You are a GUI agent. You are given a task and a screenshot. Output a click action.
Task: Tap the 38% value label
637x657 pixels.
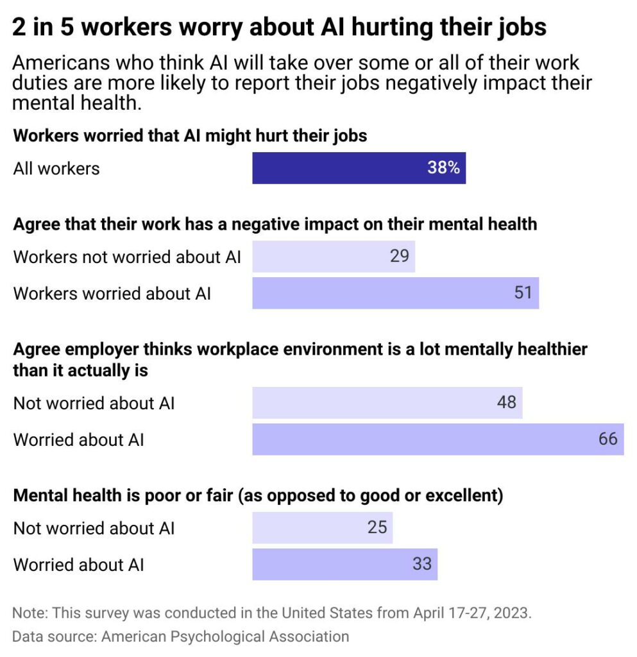point(443,168)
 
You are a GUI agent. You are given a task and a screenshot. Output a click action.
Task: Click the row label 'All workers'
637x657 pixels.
point(56,169)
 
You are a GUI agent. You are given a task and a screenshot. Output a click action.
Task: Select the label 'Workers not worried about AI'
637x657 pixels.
point(127,257)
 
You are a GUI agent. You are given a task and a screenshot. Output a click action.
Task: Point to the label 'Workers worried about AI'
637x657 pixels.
point(112,294)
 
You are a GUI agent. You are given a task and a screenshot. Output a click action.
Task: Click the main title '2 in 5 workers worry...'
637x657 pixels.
point(279,27)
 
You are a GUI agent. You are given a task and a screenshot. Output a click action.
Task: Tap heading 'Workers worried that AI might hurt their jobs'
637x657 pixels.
point(190,136)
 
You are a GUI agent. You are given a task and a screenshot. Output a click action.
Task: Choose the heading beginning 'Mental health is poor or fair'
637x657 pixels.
point(257,496)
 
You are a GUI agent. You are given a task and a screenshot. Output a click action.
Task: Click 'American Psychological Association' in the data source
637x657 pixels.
point(225,636)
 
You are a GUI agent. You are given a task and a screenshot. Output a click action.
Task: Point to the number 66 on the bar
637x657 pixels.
point(607,439)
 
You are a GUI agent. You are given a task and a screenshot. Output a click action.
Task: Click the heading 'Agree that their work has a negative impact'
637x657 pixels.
point(275,224)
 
